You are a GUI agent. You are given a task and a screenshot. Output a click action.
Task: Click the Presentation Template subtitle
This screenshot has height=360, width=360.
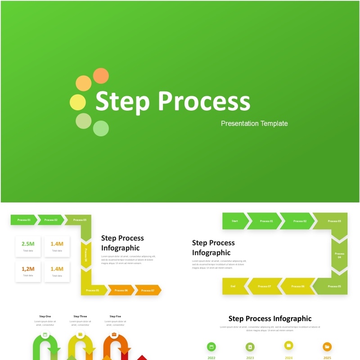pyautogui.click(x=254, y=123)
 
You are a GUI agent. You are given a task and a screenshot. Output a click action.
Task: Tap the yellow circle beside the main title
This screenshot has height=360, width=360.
pyautogui.click(x=77, y=102)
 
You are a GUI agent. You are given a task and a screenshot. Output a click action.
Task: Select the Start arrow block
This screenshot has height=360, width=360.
pyautogui.click(x=234, y=221)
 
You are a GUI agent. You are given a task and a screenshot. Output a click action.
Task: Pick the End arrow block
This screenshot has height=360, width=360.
pyautogui.click(x=234, y=286)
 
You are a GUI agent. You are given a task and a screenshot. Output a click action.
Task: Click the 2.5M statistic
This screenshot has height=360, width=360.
pyautogui.click(x=28, y=244)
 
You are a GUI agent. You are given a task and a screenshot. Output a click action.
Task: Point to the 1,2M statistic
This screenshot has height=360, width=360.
pyautogui.click(x=28, y=269)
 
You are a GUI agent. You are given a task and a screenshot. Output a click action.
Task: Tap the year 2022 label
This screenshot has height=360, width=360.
pyautogui.click(x=211, y=358)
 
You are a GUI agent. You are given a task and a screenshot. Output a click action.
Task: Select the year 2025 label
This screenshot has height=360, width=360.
pyautogui.click(x=327, y=358)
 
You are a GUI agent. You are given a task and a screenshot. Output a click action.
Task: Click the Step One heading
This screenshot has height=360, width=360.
pyautogui.click(x=45, y=316)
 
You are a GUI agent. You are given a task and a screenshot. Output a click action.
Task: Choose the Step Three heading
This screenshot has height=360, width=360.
pyautogui.click(x=80, y=316)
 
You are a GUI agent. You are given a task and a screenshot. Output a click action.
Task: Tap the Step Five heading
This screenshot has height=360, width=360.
pyautogui.click(x=115, y=316)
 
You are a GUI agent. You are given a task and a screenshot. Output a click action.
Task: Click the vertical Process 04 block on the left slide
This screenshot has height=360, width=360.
pyautogui.click(x=86, y=255)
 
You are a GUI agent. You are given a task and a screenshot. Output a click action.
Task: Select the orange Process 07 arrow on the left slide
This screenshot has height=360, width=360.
pyautogui.click(x=147, y=290)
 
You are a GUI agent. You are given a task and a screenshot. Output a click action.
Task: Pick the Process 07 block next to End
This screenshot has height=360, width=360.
pyautogui.click(x=265, y=286)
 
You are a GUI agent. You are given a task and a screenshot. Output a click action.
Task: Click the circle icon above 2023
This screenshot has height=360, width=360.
pyautogui.click(x=250, y=347)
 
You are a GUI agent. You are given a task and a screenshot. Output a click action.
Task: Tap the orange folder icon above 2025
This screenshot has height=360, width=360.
pyautogui.click(x=327, y=346)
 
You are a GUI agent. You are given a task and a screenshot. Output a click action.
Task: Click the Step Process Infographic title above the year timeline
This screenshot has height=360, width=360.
pyautogui.click(x=270, y=319)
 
